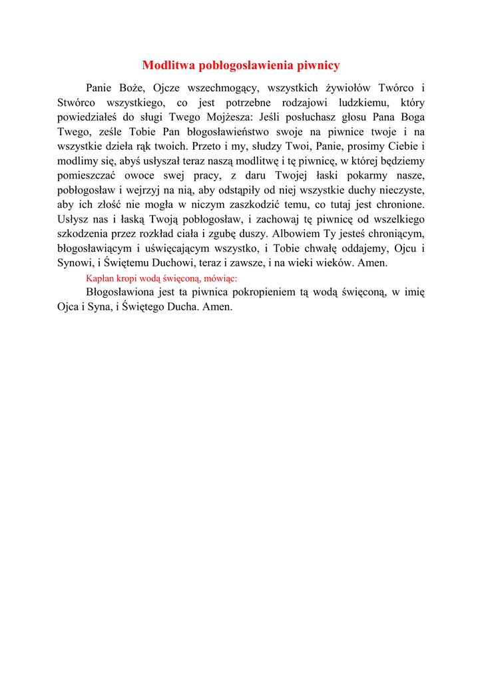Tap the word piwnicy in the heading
tap(317, 65)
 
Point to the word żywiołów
tap(349, 88)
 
